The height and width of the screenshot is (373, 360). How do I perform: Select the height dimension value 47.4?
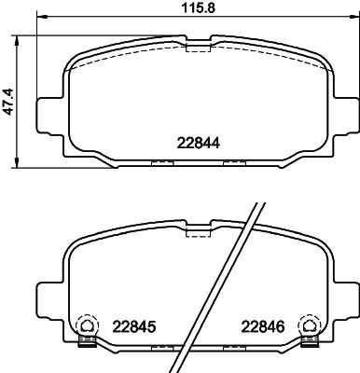(x=8, y=97)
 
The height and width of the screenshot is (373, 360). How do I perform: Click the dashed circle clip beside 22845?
(x=83, y=325)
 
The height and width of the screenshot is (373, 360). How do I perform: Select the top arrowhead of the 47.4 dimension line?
(x=21, y=40)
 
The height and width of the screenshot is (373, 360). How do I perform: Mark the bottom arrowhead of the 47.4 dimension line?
(x=21, y=157)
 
